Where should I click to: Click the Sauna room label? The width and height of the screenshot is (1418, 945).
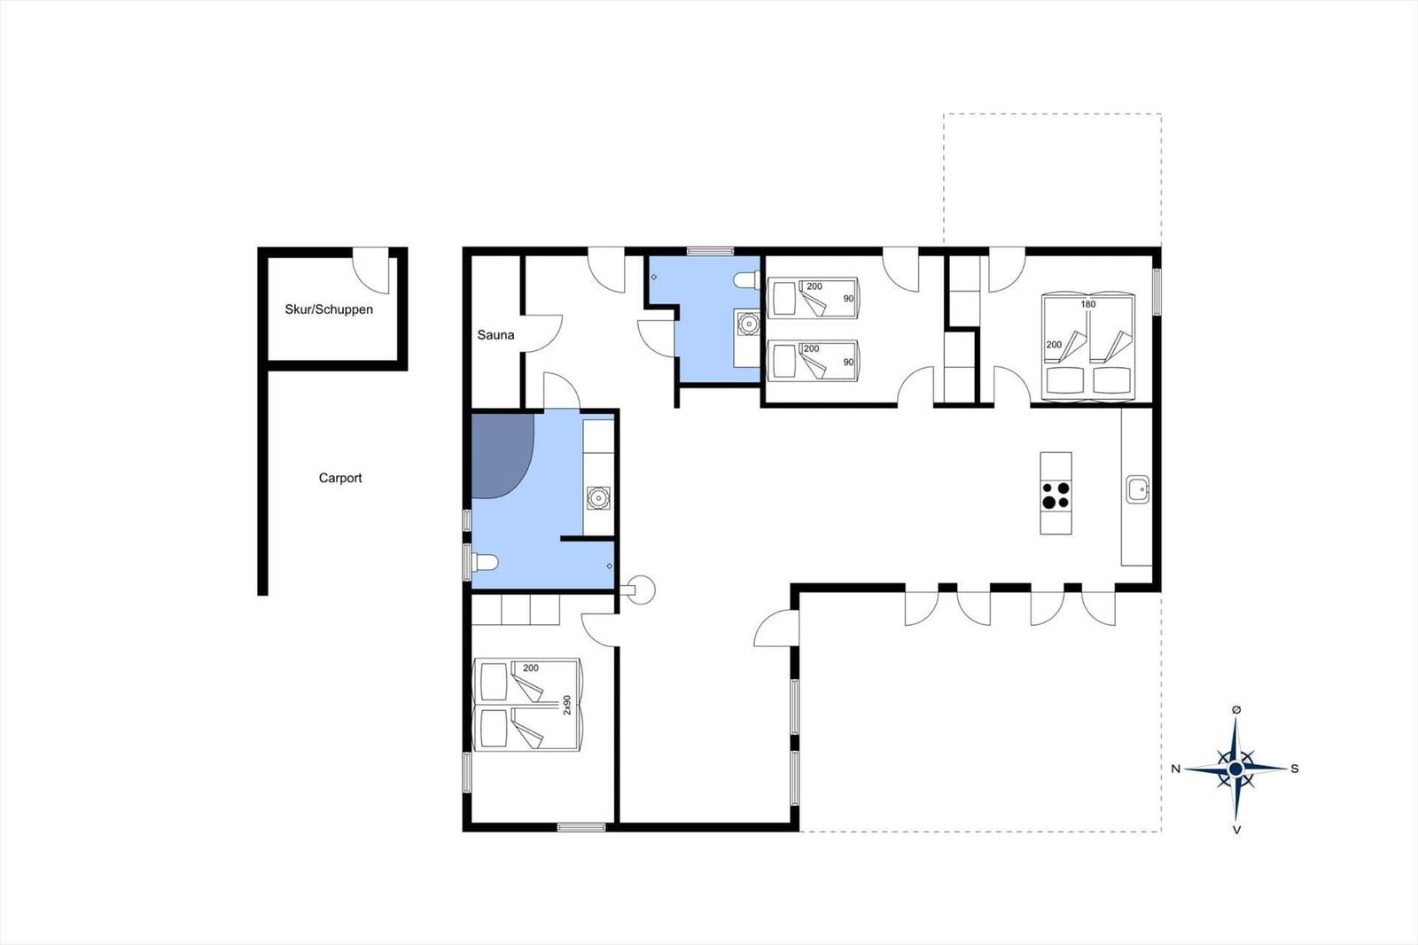[x=495, y=335]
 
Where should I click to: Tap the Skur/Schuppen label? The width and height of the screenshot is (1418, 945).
[x=329, y=309]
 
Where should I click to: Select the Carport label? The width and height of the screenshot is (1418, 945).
[x=340, y=478]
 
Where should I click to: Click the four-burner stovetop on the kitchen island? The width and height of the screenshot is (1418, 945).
[x=1056, y=496]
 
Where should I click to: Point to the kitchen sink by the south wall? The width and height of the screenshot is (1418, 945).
[x=1138, y=489]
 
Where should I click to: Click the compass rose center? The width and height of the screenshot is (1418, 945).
[x=1235, y=769]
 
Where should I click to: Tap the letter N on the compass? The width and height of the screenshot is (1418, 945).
[x=1175, y=769]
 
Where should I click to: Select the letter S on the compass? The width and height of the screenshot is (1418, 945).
[x=1295, y=769]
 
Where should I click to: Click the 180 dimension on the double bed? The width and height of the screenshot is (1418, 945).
[x=1087, y=304]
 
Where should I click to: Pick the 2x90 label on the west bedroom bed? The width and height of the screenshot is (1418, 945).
[x=567, y=705]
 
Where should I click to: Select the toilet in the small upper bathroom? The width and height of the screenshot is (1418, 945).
[x=746, y=279]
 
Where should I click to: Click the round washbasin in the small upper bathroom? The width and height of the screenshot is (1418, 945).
[x=748, y=324]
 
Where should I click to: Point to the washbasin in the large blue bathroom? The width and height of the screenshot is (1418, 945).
[x=598, y=498]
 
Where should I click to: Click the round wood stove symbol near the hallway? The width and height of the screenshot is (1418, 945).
[x=640, y=590]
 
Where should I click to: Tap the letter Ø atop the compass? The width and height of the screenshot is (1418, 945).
[x=1235, y=709]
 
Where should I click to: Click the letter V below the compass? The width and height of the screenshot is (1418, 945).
[x=1236, y=830]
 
